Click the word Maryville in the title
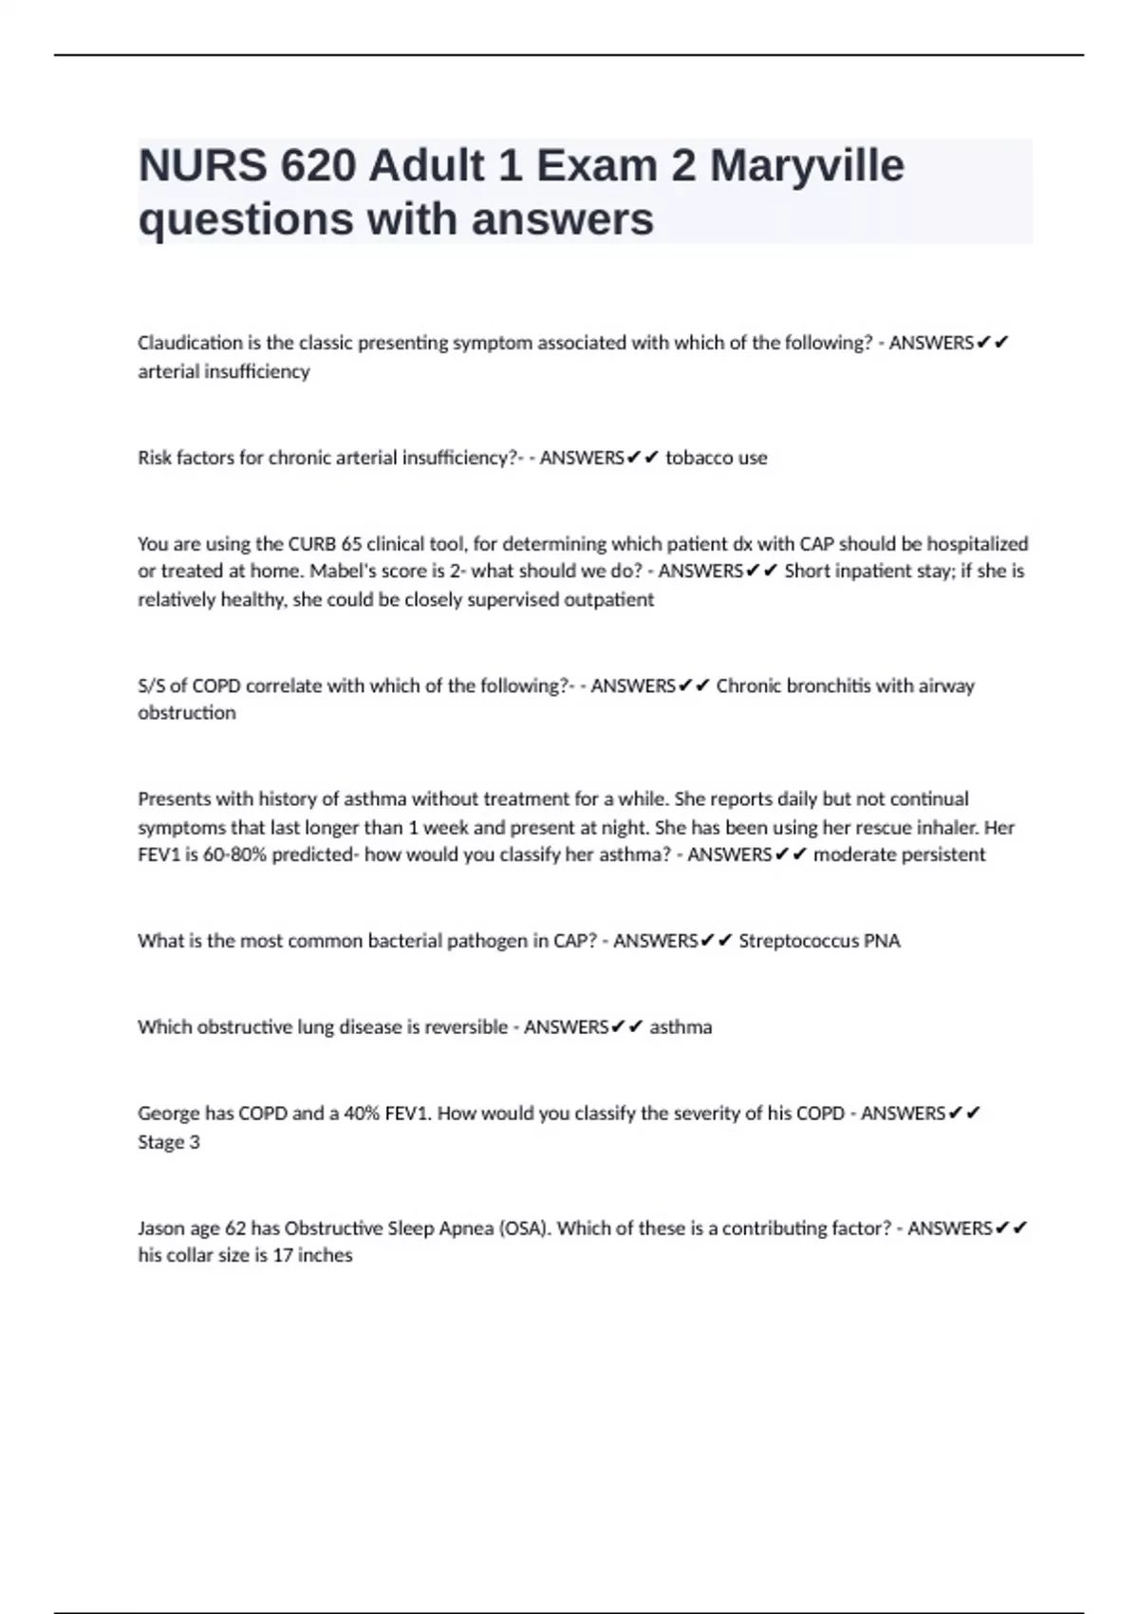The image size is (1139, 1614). coord(807,166)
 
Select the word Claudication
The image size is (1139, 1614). coord(190,343)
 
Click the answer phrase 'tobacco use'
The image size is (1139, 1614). coord(716,458)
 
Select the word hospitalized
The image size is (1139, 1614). coord(977,544)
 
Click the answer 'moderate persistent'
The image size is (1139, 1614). coord(899,854)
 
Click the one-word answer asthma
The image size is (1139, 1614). coord(681,1027)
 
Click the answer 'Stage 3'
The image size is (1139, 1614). coord(169,1142)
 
